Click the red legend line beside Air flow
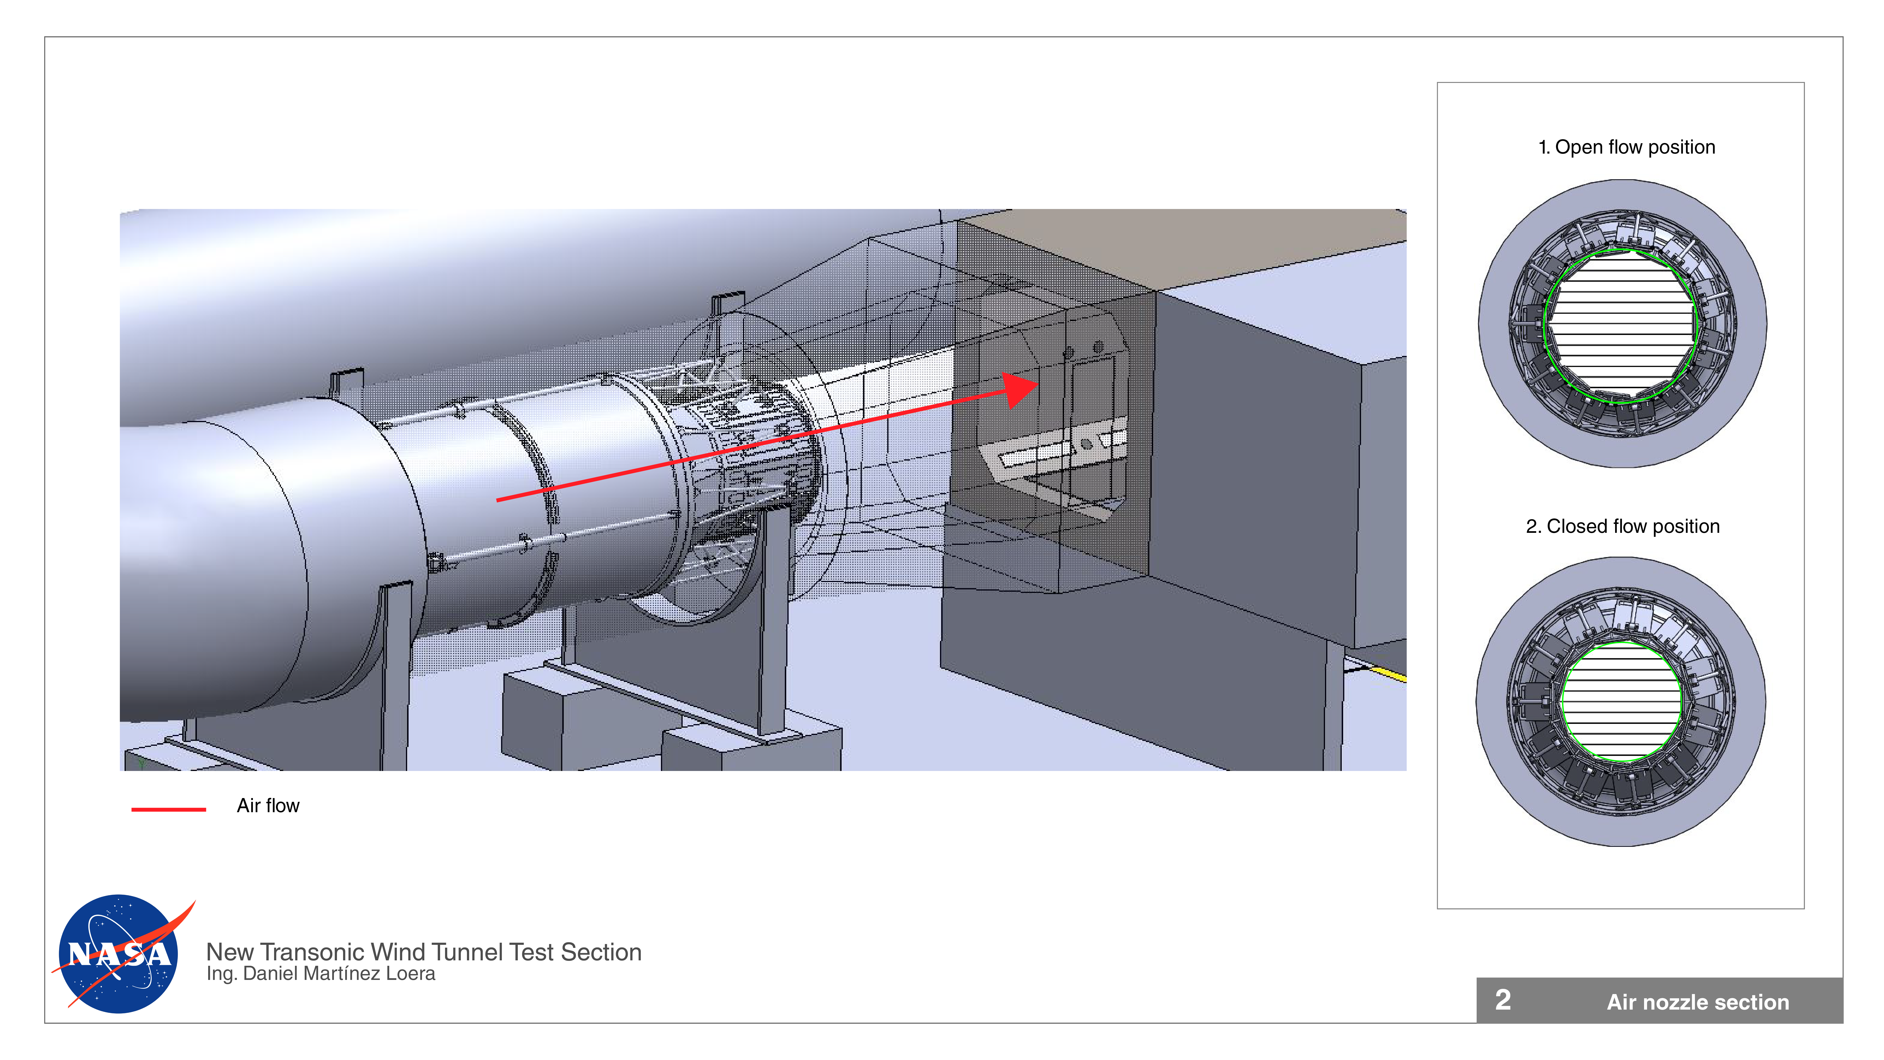[x=168, y=809]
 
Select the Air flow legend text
[x=268, y=805]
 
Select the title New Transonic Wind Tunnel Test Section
[x=423, y=952]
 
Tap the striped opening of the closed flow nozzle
[x=1621, y=701]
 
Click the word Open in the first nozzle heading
[x=1578, y=147]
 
